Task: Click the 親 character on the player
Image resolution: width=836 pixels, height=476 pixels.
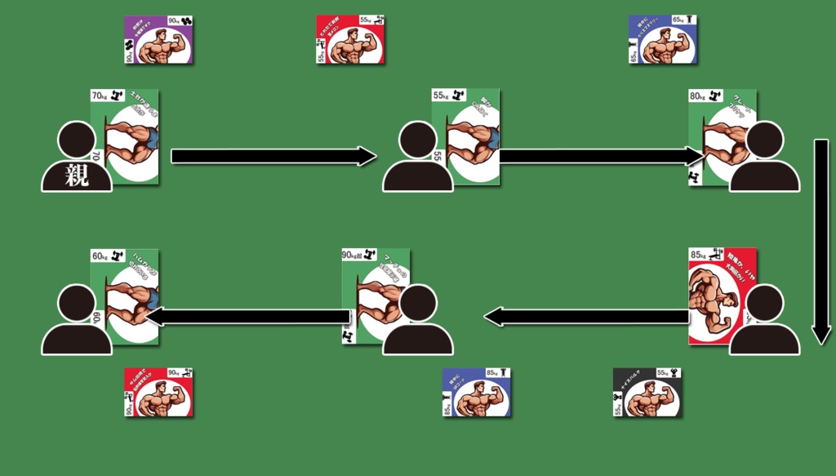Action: tap(77, 175)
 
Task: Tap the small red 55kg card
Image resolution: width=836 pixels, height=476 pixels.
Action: tap(350, 40)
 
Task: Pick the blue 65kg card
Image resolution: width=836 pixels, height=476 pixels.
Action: tap(663, 40)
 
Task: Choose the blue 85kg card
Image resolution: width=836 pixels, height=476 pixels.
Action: tap(477, 393)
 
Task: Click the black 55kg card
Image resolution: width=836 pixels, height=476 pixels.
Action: tap(647, 393)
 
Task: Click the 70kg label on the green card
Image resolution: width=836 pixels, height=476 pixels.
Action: tap(100, 96)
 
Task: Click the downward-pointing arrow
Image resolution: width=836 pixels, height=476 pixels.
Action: tap(821, 241)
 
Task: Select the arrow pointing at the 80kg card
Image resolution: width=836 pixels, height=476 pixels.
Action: tap(600, 156)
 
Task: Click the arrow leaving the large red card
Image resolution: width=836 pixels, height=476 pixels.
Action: tap(588, 316)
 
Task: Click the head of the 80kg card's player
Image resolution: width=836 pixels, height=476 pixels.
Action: tap(765, 140)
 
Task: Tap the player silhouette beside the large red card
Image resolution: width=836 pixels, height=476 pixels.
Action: tap(765, 323)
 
